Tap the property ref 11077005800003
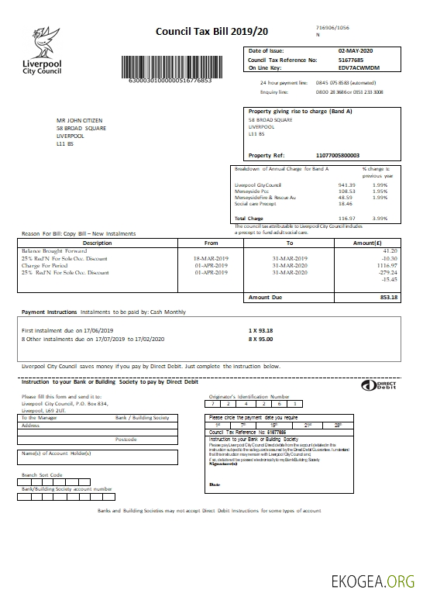(x=339, y=155)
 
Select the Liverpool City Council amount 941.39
(x=346, y=185)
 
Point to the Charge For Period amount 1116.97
(x=384, y=265)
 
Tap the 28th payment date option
(x=338, y=425)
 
